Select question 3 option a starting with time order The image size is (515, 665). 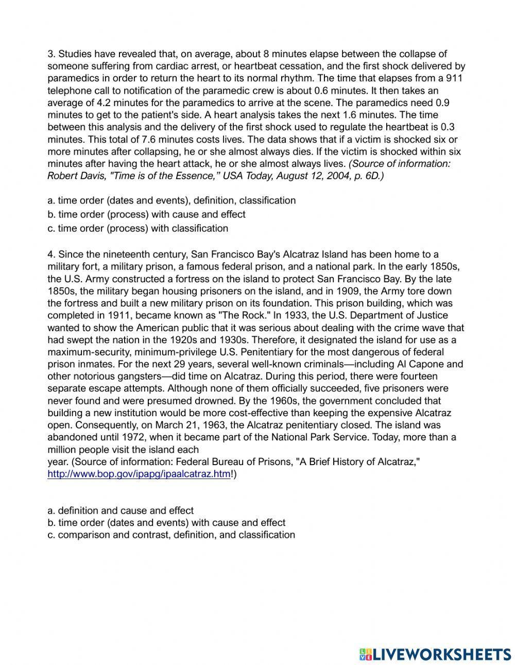[171, 200]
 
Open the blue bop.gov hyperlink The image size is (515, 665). [139, 474]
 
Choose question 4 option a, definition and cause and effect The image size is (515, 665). [121, 510]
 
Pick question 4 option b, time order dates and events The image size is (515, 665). [166, 522]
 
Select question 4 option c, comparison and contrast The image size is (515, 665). [171, 535]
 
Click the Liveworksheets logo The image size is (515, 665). [435, 654]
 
